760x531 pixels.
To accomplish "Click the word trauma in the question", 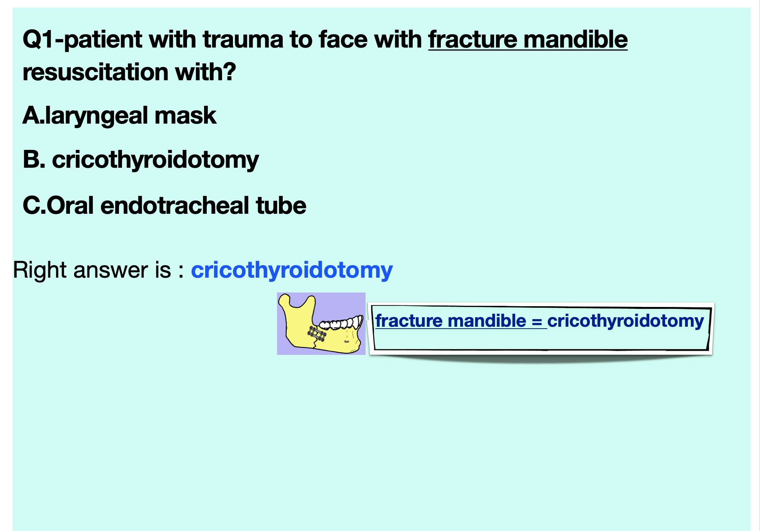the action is point(243,40).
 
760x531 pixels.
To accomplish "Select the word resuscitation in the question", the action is point(95,72).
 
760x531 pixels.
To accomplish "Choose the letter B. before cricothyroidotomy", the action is point(34,159).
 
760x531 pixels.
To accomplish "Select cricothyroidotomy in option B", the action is point(155,160).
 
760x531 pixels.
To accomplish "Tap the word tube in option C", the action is point(281,205).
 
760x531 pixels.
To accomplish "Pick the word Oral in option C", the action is point(71,205).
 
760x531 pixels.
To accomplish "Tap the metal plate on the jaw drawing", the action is point(317,334).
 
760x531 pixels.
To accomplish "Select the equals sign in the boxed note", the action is point(537,321).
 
